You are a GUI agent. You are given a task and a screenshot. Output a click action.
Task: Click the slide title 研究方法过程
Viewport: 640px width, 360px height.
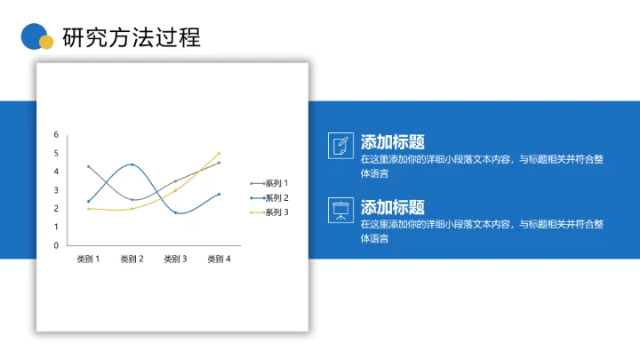pyautogui.click(x=132, y=37)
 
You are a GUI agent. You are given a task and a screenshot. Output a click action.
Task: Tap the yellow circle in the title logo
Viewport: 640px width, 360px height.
pyautogui.click(x=46, y=42)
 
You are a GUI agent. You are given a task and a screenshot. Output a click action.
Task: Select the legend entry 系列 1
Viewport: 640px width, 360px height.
pyautogui.click(x=276, y=183)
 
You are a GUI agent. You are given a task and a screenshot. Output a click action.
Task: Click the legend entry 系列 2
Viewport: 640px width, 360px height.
pyautogui.click(x=276, y=197)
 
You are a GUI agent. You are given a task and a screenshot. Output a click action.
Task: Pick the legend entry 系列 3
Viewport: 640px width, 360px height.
pyautogui.click(x=276, y=212)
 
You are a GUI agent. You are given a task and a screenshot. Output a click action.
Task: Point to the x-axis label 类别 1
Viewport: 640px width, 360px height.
pyautogui.click(x=88, y=259)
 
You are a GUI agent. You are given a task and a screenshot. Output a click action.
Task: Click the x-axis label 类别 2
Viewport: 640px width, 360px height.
pyautogui.click(x=132, y=259)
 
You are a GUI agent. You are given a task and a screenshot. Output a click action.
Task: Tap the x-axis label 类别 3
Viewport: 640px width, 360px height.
pyautogui.click(x=175, y=259)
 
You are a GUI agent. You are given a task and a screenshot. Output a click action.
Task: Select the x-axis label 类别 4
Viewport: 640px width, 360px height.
pyautogui.click(x=219, y=259)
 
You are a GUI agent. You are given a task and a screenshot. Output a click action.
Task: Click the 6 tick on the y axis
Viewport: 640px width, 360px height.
pyautogui.click(x=56, y=134)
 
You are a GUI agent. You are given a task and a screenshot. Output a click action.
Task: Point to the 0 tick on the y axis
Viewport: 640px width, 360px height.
pyautogui.click(x=56, y=245)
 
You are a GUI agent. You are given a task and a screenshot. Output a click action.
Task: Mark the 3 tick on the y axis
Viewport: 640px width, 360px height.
pyautogui.click(x=56, y=190)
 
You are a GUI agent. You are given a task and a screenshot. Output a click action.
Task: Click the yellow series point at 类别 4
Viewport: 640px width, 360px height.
pyautogui.click(x=219, y=153)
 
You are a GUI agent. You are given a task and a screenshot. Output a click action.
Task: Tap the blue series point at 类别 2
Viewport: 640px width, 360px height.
pyautogui.click(x=132, y=164)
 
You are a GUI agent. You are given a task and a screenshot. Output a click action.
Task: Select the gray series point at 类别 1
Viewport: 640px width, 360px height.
pyautogui.click(x=88, y=166)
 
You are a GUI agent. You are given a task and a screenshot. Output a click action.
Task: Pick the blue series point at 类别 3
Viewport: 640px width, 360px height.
pyautogui.click(x=175, y=212)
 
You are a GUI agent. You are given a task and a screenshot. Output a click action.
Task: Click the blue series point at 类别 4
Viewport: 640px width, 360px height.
pyautogui.click(x=219, y=194)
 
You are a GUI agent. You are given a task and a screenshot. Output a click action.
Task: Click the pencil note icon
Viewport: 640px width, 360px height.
pyautogui.click(x=340, y=146)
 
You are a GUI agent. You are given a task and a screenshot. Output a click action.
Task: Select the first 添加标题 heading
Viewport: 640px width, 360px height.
pyautogui.click(x=392, y=141)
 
